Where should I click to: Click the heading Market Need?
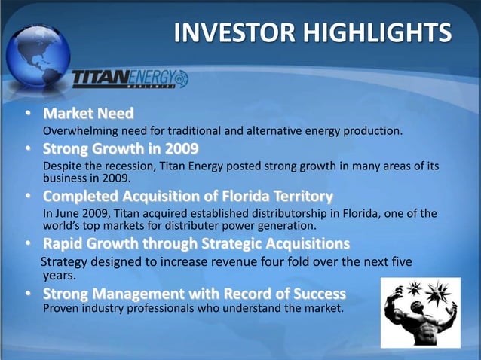pos(87,114)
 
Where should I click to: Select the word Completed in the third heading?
pos(78,197)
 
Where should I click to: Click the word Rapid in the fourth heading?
pos(63,245)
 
